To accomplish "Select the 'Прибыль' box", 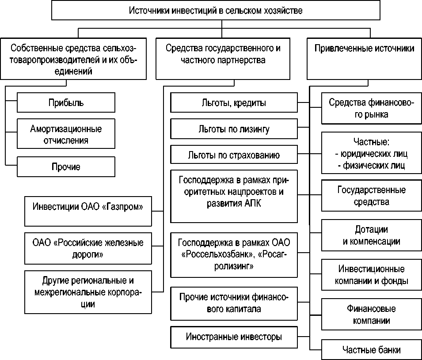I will click(66, 103).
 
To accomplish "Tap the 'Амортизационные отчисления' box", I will click(66, 135).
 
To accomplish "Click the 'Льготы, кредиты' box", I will click(234, 103).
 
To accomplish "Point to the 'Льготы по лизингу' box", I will click(234, 129).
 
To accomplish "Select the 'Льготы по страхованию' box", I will click(234, 155).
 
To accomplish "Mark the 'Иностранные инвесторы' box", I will click(234, 337).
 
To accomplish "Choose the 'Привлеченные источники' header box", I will click(364, 49).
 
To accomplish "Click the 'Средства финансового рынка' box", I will click(371, 109).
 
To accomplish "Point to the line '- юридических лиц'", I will click(371, 154).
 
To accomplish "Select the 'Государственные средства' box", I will click(371, 196).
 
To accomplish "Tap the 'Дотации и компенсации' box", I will click(371, 235).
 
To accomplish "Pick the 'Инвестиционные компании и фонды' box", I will click(371, 275).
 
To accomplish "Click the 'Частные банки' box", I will click(371, 350).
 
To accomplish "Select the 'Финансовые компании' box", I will click(371, 314).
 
